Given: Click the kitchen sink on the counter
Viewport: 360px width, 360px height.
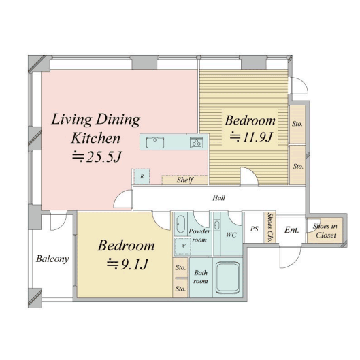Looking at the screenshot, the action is click(x=155, y=143).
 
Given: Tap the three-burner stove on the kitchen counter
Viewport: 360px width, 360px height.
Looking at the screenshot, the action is click(x=196, y=143).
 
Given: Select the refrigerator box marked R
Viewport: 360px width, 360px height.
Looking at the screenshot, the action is click(x=142, y=176).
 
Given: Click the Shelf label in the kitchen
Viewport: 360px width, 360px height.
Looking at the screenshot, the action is click(x=185, y=180).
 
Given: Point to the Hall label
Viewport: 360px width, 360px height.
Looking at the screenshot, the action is click(x=219, y=198).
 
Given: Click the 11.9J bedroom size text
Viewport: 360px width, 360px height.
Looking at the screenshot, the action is click(x=251, y=137).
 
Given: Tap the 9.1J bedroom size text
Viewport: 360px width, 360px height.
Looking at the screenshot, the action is click(x=127, y=264).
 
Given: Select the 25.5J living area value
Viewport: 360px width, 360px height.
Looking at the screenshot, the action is click(x=97, y=157).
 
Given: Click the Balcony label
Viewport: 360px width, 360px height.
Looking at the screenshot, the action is click(x=52, y=259).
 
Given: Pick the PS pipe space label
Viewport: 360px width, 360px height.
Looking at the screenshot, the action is click(x=254, y=229).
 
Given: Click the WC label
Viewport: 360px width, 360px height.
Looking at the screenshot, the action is click(x=231, y=235).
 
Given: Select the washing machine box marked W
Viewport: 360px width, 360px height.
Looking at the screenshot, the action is click(x=183, y=246).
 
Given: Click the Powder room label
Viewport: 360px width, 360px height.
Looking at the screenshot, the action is click(x=199, y=235).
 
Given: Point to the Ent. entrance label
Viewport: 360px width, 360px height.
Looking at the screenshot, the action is click(x=292, y=229).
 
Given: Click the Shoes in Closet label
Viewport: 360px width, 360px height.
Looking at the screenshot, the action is click(x=325, y=231).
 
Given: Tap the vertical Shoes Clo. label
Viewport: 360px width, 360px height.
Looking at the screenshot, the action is click(x=270, y=227).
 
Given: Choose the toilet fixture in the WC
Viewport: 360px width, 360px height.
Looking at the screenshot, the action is click(x=216, y=225).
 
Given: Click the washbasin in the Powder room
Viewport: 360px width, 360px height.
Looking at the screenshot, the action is click(x=181, y=224).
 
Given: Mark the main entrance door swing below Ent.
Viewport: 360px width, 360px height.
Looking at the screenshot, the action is click(x=290, y=257).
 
